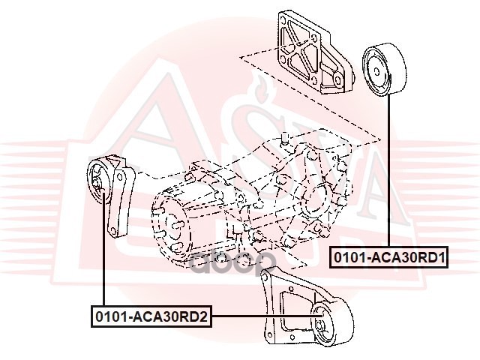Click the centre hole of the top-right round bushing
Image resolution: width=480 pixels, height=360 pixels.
pyautogui.click(x=378, y=70)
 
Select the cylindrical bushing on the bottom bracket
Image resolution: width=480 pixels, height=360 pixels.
pyautogui.click(x=331, y=325)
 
